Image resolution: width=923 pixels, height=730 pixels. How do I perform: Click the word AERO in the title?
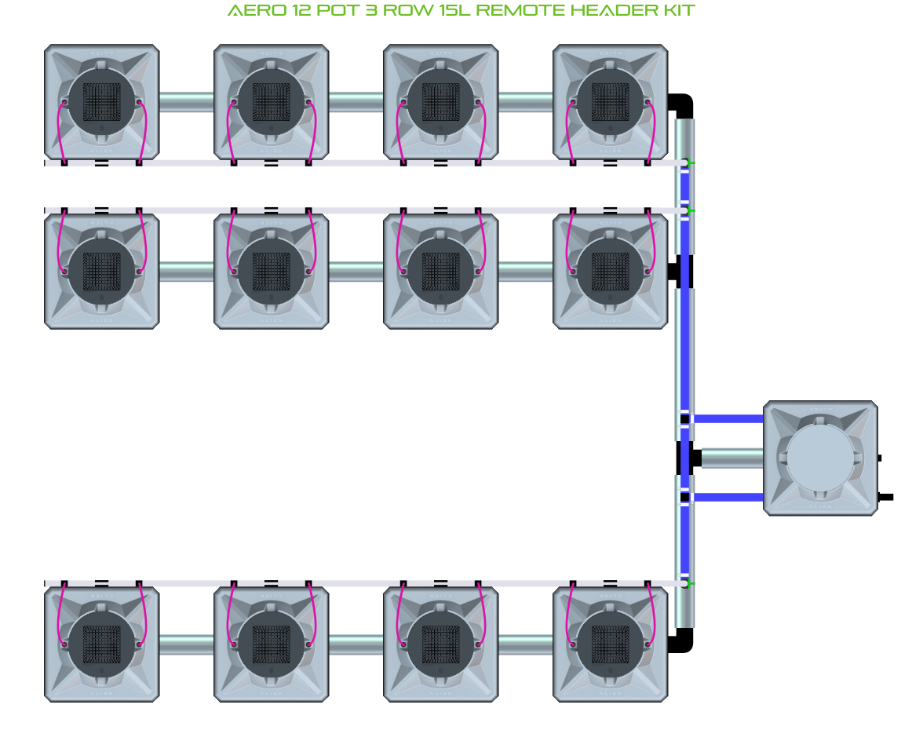250,11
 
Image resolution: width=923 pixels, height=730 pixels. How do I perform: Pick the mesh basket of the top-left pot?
101,101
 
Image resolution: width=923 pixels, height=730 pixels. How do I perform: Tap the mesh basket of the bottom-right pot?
610,644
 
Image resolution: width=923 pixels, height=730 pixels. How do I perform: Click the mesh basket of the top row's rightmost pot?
610,101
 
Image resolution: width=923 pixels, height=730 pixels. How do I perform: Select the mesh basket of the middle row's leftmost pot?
101,271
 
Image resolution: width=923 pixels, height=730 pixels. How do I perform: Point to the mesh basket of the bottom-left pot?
101,644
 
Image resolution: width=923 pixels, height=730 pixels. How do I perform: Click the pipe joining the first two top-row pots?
187,102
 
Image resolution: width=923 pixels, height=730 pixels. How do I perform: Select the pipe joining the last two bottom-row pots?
525,644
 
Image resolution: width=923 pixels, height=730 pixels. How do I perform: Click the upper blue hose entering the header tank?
728,418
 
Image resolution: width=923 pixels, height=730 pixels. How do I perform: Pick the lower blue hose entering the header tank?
728,497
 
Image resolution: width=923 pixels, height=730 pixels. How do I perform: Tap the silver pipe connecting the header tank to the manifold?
731,458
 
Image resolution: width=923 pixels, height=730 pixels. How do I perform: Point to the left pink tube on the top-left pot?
58,130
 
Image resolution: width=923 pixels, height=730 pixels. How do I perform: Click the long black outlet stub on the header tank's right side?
886,496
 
